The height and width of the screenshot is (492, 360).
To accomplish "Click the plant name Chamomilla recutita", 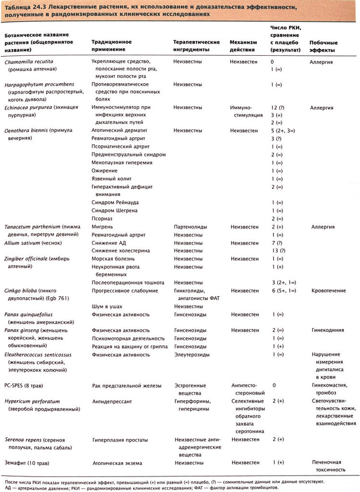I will (29, 62).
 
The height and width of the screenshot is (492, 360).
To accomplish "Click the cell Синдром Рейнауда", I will (116, 202).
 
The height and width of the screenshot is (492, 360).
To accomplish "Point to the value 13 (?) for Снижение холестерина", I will (278, 251).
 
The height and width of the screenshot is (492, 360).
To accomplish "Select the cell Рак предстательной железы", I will (126, 385).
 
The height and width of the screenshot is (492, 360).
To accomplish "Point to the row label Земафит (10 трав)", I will (30, 463).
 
